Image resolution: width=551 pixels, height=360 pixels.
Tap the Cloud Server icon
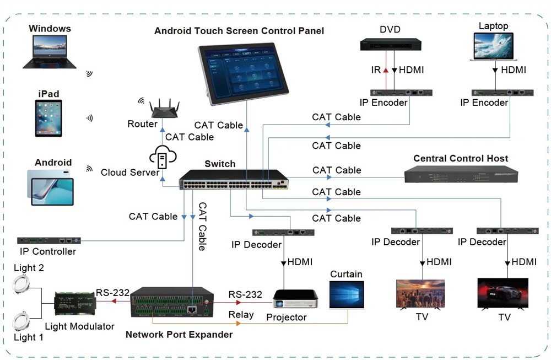click(162, 158)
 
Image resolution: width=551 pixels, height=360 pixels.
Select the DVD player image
click(391, 44)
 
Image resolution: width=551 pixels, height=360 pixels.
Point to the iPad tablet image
click(48, 118)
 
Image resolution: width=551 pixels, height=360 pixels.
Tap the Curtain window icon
click(346, 295)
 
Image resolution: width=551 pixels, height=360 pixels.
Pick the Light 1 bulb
click(23, 320)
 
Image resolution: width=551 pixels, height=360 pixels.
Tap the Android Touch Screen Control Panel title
click(239, 31)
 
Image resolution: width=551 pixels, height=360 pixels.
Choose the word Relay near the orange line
click(241, 315)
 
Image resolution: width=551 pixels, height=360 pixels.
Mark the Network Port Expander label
click(179, 335)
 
